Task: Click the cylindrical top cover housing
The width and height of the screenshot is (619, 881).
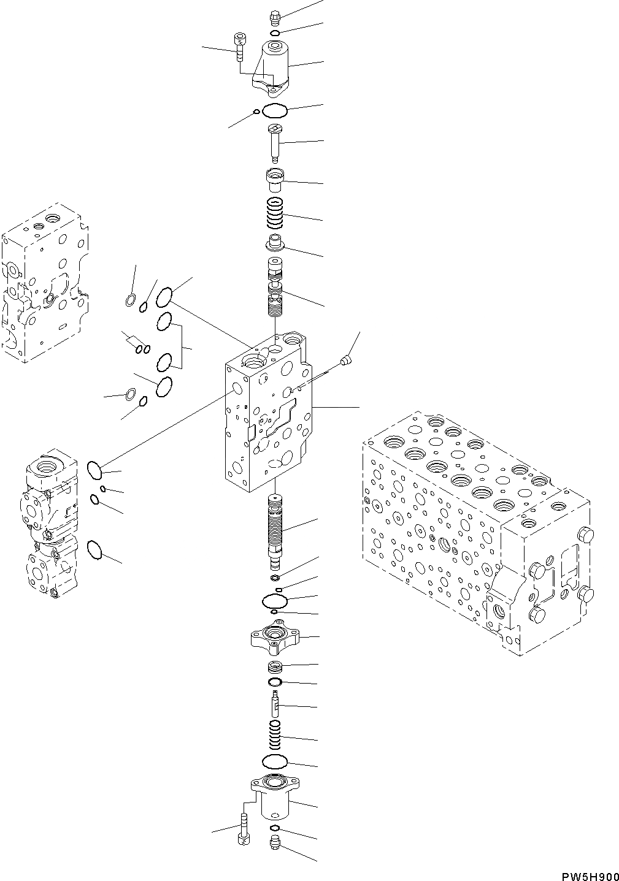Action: pos(274,67)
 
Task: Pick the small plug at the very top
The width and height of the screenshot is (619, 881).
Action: pos(274,18)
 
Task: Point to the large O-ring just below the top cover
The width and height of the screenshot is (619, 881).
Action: pos(275,112)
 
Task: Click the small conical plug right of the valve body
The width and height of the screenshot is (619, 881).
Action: pos(347,360)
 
